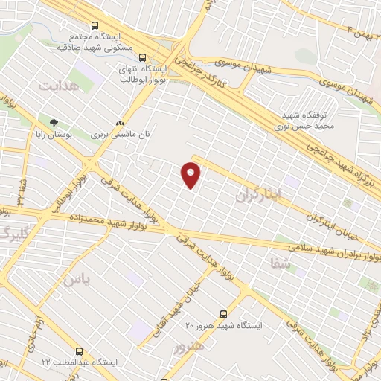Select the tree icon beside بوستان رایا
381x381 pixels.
pyautogui.click(x=53, y=122)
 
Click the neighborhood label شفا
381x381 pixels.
pyautogui.click(x=281, y=260)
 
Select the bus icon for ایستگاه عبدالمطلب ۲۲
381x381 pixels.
pyautogui.click(x=80, y=350)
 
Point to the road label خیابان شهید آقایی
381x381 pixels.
pyautogui.click(x=184, y=301)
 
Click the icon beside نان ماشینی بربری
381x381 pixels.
pyautogui.click(x=119, y=123)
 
